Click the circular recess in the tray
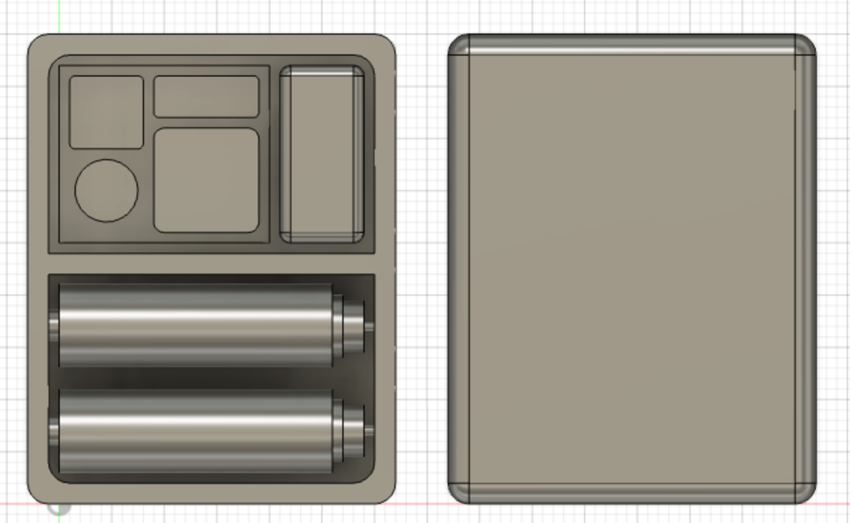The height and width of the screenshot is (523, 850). point(106,191)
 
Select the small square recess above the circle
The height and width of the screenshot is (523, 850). point(106,111)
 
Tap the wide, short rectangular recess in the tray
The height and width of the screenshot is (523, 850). point(206,97)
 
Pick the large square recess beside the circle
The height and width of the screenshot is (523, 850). point(206,180)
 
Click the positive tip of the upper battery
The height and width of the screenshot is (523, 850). point(368,325)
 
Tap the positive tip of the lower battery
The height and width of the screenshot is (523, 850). point(368,432)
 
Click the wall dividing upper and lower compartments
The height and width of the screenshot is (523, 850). point(211,263)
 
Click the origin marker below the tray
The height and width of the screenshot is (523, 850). point(58,508)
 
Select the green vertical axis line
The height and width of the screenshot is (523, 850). point(58,15)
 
